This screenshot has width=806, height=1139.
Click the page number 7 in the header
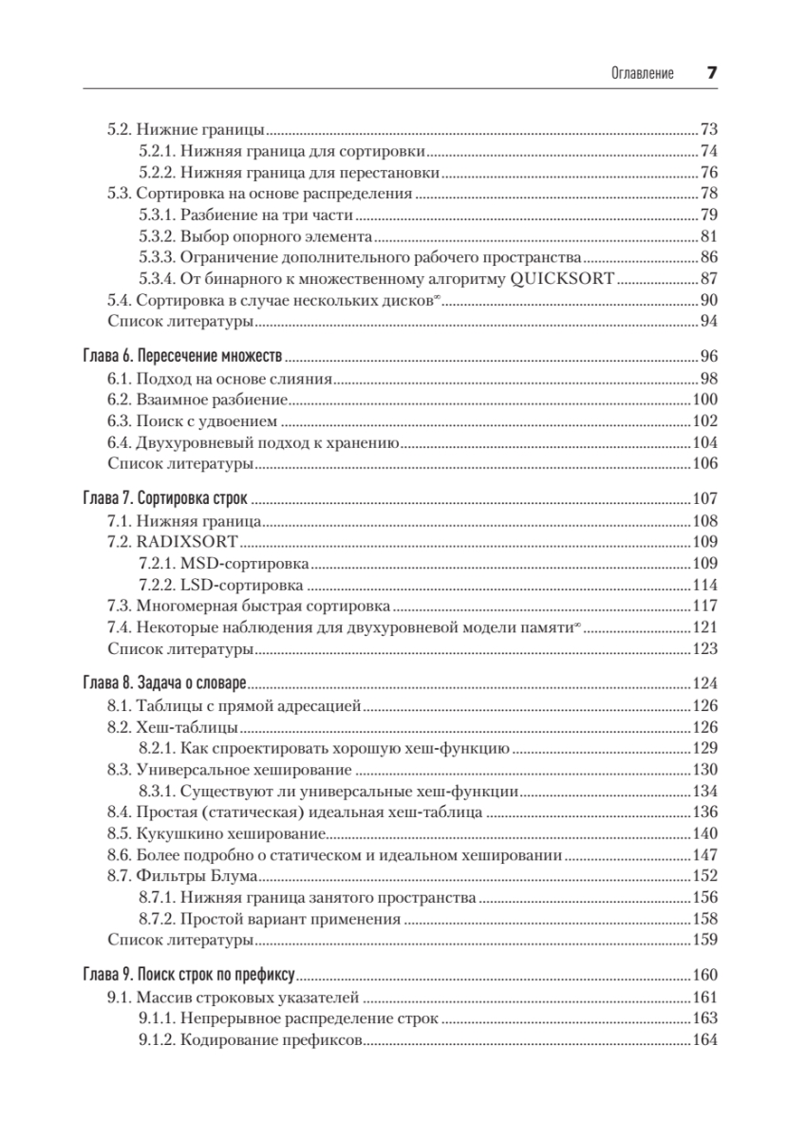(x=711, y=72)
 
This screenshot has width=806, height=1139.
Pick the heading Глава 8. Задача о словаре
(x=164, y=682)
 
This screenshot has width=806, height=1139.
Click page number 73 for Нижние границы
(x=708, y=129)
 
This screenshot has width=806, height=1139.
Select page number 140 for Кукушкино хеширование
(x=704, y=834)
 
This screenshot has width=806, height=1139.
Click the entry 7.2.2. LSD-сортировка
(x=221, y=586)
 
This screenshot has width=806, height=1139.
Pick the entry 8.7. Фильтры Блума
(x=182, y=877)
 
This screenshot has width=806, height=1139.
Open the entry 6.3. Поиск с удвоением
(x=191, y=421)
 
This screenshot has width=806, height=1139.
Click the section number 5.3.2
(x=156, y=236)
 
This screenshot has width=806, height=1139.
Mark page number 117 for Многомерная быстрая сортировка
(x=704, y=607)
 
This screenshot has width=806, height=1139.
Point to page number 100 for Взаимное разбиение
(x=704, y=400)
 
